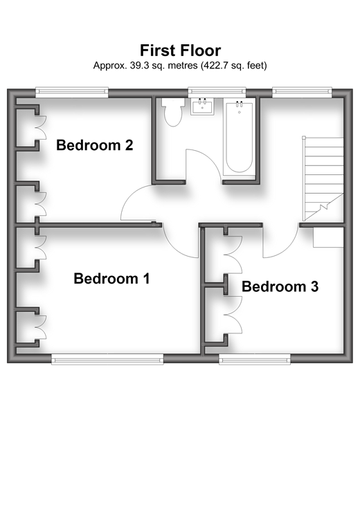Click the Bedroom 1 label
111,279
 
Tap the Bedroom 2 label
95,145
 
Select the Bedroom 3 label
280,286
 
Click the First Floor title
181,50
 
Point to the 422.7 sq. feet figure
233,66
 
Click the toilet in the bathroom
173,112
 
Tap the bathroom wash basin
202,107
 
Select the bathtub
240,137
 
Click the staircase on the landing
323,178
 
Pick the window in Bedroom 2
72,92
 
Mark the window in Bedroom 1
107,360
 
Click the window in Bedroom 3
255,360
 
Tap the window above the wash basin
217,92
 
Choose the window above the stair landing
303,92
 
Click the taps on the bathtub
240,104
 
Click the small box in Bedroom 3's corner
328,237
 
